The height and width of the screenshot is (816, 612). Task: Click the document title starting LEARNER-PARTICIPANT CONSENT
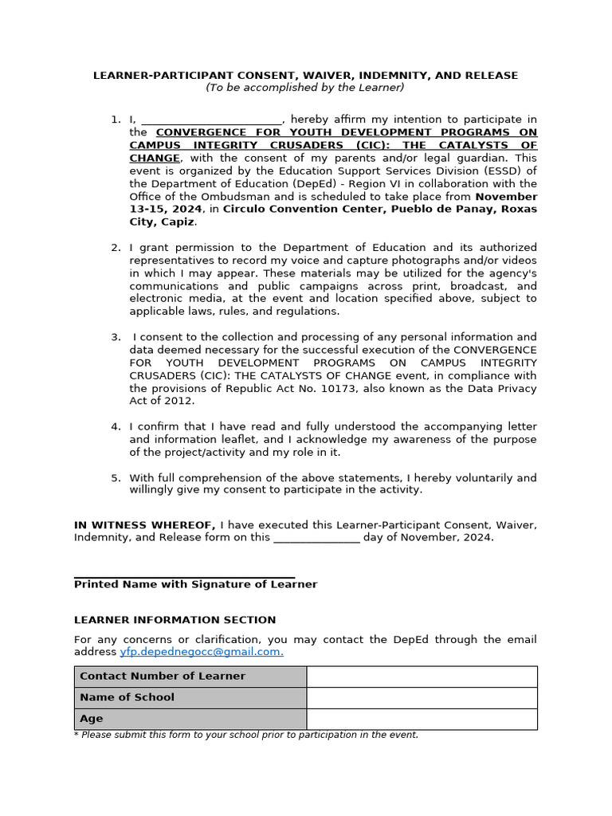click(x=305, y=76)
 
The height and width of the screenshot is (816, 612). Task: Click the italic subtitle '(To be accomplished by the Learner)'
click(x=305, y=88)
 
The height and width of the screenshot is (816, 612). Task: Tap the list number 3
click(x=116, y=337)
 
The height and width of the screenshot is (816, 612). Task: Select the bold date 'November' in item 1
click(x=506, y=196)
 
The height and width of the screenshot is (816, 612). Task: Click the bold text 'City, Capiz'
click(x=162, y=222)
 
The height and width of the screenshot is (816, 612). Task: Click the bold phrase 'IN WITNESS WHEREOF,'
click(x=144, y=524)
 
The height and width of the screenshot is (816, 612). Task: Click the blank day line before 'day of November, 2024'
click(x=316, y=539)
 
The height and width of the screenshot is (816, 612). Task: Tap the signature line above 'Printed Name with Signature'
click(x=184, y=576)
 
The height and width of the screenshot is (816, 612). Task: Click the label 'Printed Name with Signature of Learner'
click(x=195, y=584)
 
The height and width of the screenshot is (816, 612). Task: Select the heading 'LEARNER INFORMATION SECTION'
click(x=175, y=620)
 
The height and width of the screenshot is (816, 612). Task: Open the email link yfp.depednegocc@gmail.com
click(x=202, y=652)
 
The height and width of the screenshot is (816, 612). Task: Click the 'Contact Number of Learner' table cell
click(x=190, y=677)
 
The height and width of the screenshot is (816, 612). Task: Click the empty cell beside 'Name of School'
click(x=422, y=697)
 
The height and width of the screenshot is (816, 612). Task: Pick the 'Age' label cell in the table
click(x=190, y=719)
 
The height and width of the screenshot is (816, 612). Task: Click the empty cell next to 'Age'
click(x=422, y=719)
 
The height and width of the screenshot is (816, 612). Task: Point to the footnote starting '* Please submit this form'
click(x=245, y=735)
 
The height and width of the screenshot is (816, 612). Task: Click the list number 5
click(x=116, y=478)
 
